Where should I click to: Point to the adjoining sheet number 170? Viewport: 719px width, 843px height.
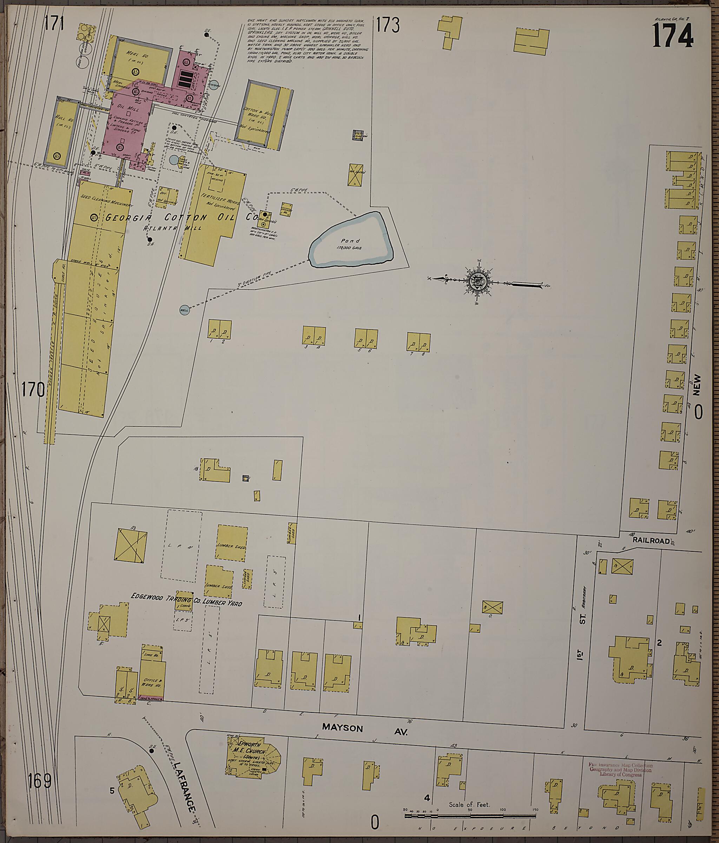pyautogui.click(x=33, y=390)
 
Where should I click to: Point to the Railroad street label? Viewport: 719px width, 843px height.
pyautogui.click(x=651, y=541)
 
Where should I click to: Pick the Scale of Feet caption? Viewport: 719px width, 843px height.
pyautogui.click(x=469, y=804)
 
